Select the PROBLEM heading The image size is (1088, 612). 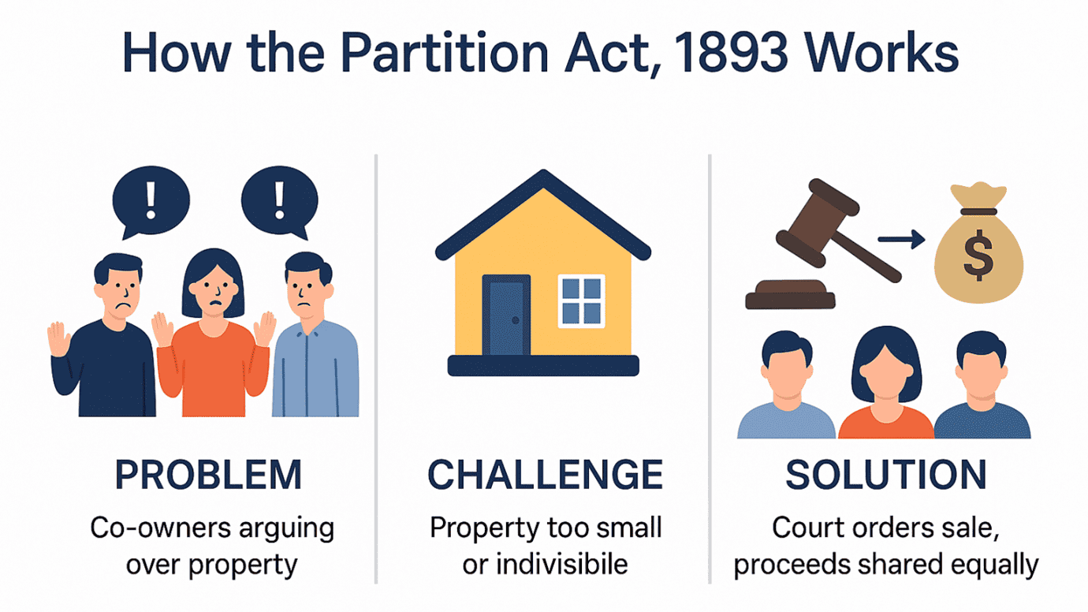[208, 474]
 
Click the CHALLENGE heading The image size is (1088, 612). [545, 474]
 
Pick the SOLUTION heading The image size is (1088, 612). [885, 474]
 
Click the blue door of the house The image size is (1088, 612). [506, 315]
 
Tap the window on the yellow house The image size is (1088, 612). [581, 301]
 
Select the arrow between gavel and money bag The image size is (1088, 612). [901, 238]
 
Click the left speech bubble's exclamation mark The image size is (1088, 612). [151, 200]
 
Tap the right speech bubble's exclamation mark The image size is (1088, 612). [279, 200]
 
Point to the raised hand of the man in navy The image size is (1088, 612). [59, 339]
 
